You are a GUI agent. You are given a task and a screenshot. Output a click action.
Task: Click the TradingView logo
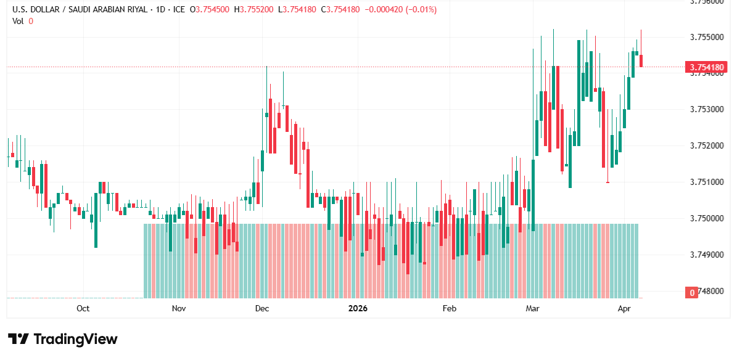62,339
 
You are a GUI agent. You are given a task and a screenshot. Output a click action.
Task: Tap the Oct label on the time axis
83,308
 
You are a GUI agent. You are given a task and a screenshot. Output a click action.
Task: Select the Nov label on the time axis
179,308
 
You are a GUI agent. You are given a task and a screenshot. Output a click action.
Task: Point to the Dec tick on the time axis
261,308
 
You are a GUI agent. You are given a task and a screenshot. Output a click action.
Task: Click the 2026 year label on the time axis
358,308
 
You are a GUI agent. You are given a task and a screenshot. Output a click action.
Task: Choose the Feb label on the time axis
449,308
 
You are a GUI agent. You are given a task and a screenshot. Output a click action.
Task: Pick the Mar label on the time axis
532,308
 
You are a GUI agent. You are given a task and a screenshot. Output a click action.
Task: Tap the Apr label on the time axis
624,308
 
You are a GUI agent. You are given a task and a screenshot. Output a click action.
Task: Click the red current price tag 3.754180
707,67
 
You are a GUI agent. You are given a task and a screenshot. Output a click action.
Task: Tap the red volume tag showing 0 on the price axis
692,292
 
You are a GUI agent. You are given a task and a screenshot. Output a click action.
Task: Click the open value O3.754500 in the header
210,10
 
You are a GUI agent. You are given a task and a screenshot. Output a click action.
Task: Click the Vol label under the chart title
18,21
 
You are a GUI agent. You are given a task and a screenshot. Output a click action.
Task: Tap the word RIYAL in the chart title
123,10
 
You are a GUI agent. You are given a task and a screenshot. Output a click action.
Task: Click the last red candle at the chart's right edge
641,60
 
